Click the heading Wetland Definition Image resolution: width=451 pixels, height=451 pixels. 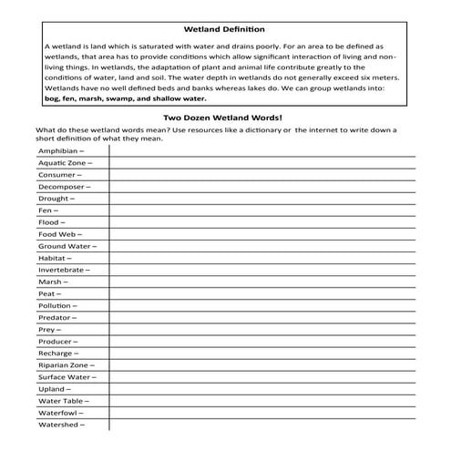[224, 29]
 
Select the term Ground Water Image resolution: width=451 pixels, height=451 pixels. [67, 246]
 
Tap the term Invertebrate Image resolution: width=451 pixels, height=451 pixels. [65, 270]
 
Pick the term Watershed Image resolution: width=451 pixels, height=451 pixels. [61, 425]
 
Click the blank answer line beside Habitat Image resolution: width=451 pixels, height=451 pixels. [264, 259]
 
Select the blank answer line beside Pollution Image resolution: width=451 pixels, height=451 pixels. [264, 307]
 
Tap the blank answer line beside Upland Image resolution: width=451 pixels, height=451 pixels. [264, 390]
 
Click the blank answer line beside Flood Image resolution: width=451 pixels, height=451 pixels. [264, 222]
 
